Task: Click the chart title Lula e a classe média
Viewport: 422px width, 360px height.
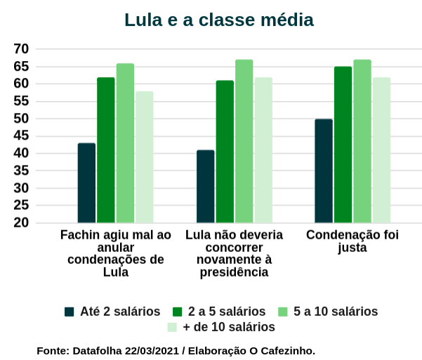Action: point(218,20)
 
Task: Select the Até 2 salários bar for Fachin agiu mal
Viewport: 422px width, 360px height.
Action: point(86,183)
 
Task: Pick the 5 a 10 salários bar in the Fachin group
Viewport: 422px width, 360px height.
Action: point(125,143)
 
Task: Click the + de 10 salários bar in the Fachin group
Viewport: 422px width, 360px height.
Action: point(145,157)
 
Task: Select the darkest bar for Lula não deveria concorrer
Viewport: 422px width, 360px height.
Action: point(206,187)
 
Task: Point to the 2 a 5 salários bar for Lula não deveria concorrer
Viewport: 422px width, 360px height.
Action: point(225,152)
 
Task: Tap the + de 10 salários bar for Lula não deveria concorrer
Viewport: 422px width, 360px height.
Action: point(263,150)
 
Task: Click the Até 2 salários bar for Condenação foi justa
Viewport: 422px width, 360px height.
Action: point(324,171)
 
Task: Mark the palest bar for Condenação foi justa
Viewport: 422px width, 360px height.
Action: point(381,150)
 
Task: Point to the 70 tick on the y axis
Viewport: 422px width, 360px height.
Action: point(21,49)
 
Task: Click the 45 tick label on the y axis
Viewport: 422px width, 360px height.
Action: point(21,136)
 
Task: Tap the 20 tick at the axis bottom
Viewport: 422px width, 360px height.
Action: point(21,223)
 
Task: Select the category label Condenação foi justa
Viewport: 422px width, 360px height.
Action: point(352,241)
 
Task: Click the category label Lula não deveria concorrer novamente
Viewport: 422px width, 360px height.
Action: point(234,253)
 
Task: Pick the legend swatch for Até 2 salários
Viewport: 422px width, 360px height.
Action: point(69,312)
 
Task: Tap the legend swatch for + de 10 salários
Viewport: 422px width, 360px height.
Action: point(171,327)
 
